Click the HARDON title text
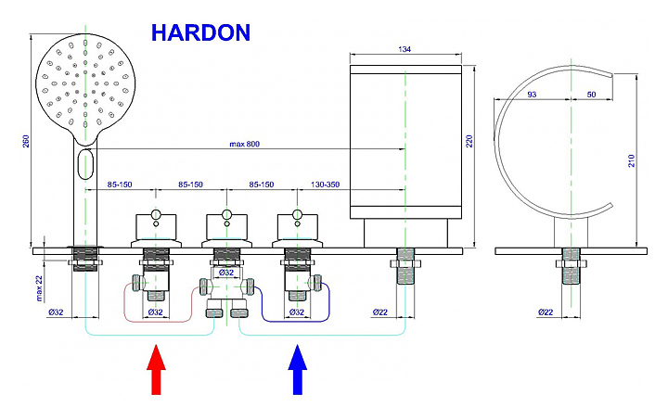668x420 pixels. coord(200,32)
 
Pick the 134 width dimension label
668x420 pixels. coord(405,48)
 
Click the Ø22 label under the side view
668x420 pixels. coord(546,312)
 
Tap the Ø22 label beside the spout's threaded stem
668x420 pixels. coord(379,312)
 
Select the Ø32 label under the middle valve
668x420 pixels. coord(225,274)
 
